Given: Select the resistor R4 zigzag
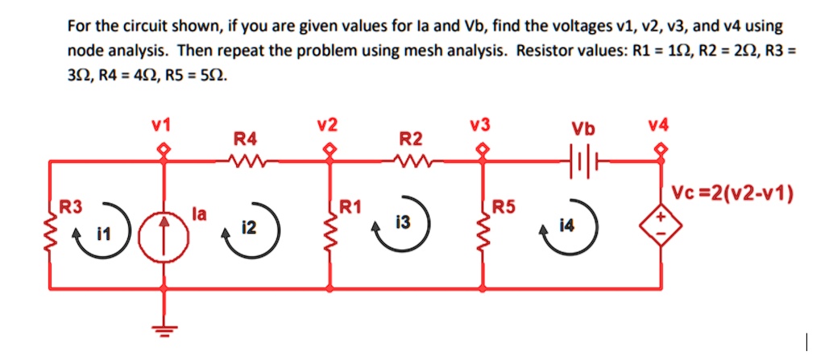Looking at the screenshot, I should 244,161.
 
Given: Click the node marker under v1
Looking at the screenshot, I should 166,149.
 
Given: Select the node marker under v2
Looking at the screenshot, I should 330,149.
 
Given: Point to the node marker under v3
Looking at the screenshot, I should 483,149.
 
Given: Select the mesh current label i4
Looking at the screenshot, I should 570,229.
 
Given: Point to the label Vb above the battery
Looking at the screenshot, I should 579,129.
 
